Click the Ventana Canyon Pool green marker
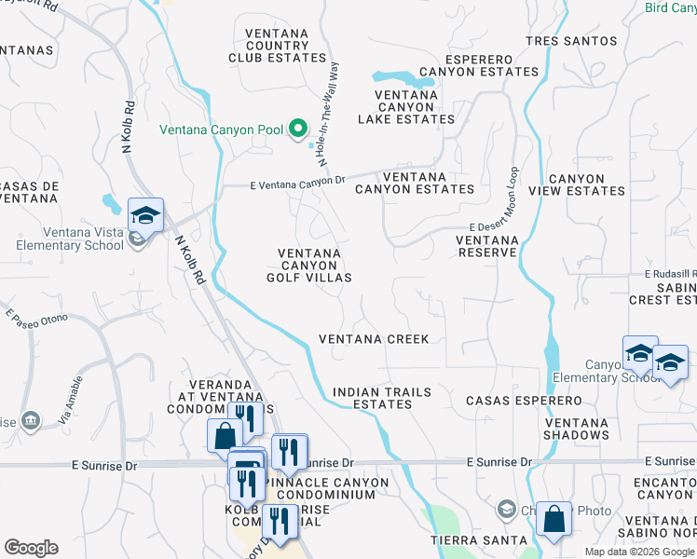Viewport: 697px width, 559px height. tap(298, 129)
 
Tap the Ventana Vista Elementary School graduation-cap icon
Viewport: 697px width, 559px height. tap(145, 215)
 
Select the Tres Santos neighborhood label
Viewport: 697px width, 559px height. tap(571, 41)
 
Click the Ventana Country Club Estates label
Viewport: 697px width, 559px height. tap(278, 46)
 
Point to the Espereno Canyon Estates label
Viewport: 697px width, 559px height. tap(479, 64)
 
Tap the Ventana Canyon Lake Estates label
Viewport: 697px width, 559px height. tap(406, 107)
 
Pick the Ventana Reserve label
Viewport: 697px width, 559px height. tap(486, 246)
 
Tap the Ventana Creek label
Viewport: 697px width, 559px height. tap(374, 339)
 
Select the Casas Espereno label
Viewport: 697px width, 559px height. tap(524, 401)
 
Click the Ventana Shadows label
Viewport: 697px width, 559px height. tap(575, 429)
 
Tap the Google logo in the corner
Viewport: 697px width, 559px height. tap(30, 548)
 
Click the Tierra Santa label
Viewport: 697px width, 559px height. tap(465, 540)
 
